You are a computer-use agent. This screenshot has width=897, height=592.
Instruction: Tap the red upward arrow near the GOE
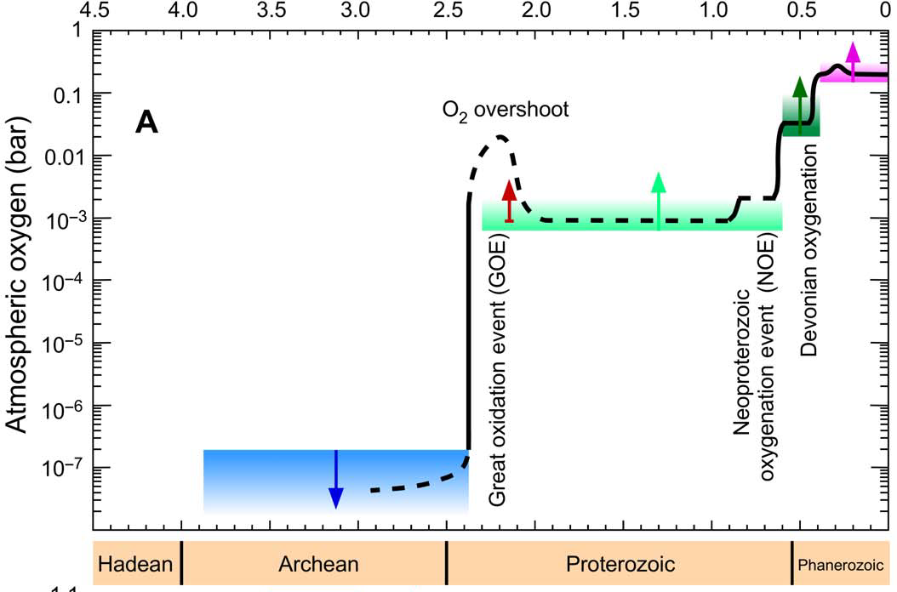click(x=509, y=202)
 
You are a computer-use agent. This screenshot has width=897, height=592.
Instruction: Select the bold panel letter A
click(x=146, y=123)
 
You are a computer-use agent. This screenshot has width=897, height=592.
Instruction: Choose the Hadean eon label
click(x=136, y=564)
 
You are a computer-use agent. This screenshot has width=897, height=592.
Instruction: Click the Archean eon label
click(x=318, y=564)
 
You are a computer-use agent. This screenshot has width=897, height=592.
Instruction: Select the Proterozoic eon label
click(x=620, y=564)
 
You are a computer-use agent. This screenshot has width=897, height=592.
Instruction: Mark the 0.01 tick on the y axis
click(x=66, y=156)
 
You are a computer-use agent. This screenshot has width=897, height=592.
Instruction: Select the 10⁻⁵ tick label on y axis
click(x=64, y=344)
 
